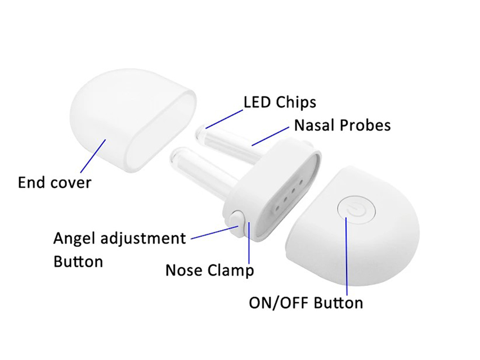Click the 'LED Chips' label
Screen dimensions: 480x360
pos(280,102)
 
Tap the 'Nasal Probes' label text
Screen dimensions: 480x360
pos(342,125)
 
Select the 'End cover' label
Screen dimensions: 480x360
pos(55,182)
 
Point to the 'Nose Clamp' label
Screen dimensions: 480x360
pos(210,270)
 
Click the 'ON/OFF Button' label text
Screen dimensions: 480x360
pos(306,303)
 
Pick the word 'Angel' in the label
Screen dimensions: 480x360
pos(75,238)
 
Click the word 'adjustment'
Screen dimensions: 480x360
pos(143,238)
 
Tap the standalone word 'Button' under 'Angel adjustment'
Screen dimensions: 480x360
pos(78,262)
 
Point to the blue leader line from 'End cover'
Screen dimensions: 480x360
pos(93,155)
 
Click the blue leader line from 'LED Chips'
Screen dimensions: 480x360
pos(225,119)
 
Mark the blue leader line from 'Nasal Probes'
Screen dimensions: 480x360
pos(270,136)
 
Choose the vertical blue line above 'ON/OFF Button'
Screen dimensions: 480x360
pos(347,256)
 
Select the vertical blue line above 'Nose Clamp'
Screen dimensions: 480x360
pos(249,243)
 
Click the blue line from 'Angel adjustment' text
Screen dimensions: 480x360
pos(214,232)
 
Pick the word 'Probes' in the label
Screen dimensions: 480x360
pos(366,125)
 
